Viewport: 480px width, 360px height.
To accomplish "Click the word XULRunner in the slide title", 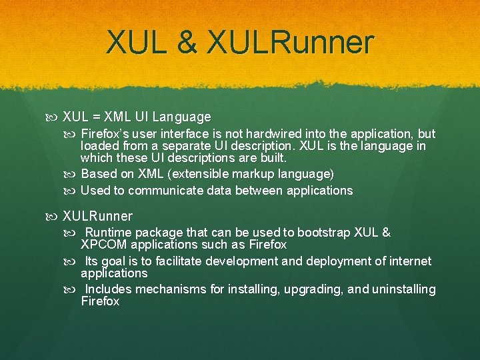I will tap(291, 43).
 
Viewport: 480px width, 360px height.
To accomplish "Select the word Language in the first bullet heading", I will tap(181, 117).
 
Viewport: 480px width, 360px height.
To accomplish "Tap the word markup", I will tap(257, 174).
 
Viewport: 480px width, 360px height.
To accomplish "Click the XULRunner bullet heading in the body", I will tap(97, 216).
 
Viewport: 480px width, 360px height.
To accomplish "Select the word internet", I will tap(407, 261).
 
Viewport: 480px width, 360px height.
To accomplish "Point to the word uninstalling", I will tap(402, 289).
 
